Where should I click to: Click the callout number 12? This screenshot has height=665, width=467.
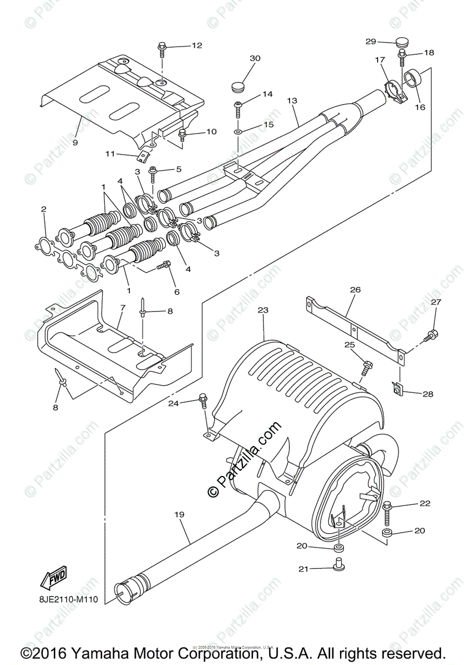(197, 45)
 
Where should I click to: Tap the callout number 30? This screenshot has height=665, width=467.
(255, 58)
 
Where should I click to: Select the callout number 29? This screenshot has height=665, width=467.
(371, 42)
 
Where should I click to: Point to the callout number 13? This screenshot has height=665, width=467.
(292, 100)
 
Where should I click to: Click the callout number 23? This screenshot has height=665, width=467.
(262, 311)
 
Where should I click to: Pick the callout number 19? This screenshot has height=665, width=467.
(179, 514)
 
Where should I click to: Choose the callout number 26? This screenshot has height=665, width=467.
(355, 289)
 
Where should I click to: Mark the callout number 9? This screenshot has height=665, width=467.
(74, 142)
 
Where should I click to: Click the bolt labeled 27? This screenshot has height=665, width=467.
(431, 335)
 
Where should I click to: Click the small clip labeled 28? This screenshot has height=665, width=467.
(398, 391)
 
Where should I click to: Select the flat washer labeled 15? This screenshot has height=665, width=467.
(237, 132)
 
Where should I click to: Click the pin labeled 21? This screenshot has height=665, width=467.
(337, 565)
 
